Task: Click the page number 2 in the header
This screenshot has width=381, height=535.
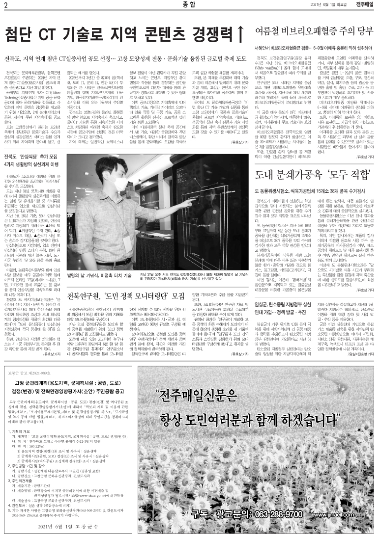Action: (6, 5)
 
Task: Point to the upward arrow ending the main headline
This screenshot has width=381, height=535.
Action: (240, 35)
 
